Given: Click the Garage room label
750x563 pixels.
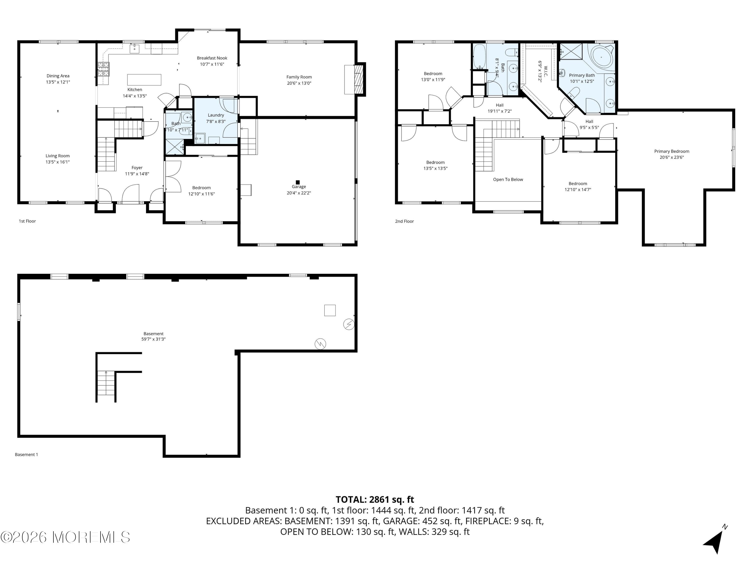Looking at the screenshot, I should click(299, 187).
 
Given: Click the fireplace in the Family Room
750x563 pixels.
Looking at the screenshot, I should click(358, 79).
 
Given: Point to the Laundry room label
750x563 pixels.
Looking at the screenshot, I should click(216, 115).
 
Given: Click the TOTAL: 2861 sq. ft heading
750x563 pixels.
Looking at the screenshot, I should click(375, 499).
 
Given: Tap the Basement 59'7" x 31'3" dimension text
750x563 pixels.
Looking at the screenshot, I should click(153, 339).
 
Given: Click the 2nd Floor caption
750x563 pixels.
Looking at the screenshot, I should click(404, 221).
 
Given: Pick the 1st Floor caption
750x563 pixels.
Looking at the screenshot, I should click(27, 221).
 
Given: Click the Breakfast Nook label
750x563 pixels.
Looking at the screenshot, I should click(212, 58).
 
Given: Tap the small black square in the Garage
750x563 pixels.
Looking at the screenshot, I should click(298, 182).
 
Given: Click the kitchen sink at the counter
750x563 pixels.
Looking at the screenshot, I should click(134, 49).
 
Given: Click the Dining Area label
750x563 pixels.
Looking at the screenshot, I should click(58, 76).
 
